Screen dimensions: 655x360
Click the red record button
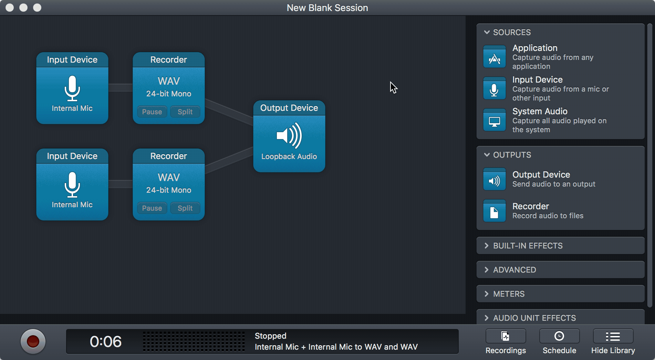point(33,341)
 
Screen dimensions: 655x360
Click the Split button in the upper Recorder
point(185,112)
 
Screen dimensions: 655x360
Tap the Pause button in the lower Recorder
point(152,208)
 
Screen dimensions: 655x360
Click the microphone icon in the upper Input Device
point(72,88)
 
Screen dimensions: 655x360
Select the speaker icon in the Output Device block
point(289,136)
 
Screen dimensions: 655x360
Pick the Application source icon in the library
point(495,57)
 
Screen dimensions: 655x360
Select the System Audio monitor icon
point(495,120)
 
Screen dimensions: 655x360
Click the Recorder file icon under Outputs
point(495,211)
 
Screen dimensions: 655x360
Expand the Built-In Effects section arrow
point(487,246)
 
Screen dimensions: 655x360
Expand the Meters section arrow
point(487,294)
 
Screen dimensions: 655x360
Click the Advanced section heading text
point(514,270)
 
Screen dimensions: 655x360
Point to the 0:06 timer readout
point(106,341)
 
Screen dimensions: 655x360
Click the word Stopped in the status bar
point(271,336)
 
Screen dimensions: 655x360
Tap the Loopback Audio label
point(289,157)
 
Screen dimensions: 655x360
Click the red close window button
point(10,8)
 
